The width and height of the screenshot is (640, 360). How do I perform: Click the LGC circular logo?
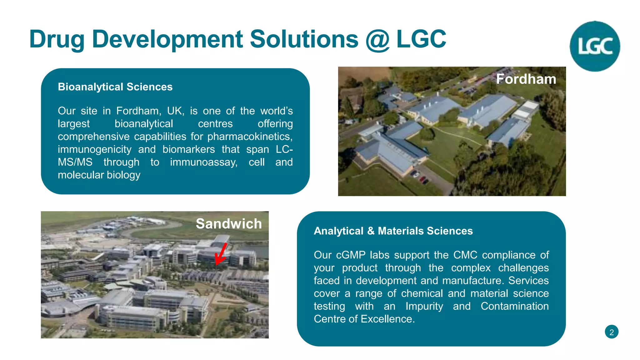[595, 46]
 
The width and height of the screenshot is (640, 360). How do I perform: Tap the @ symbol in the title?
[377, 40]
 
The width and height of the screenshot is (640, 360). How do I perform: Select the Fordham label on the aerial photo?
[526, 79]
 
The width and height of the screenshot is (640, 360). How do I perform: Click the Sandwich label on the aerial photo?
[229, 224]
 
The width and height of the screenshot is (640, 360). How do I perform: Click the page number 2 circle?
[612, 332]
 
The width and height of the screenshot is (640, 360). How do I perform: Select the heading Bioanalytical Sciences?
[115, 87]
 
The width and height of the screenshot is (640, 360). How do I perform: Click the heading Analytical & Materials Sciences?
[393, 231]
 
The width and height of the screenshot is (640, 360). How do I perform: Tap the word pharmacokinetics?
[250, 137]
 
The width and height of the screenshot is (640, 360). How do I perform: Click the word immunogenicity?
[94, 149]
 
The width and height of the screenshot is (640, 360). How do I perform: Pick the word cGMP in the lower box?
[351, 255]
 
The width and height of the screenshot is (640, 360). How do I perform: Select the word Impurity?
[424, 306]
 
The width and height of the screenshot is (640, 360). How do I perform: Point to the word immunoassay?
[204, 162]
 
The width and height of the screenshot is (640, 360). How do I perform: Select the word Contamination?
[514, 306]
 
